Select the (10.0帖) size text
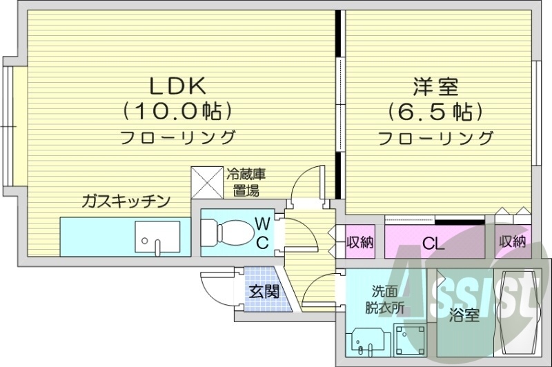tap(175, 110)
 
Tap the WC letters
tap(263, 232)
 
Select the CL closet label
tap(433, 242)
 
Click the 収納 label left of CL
tap(359, 242)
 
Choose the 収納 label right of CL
tap(511, 242)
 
